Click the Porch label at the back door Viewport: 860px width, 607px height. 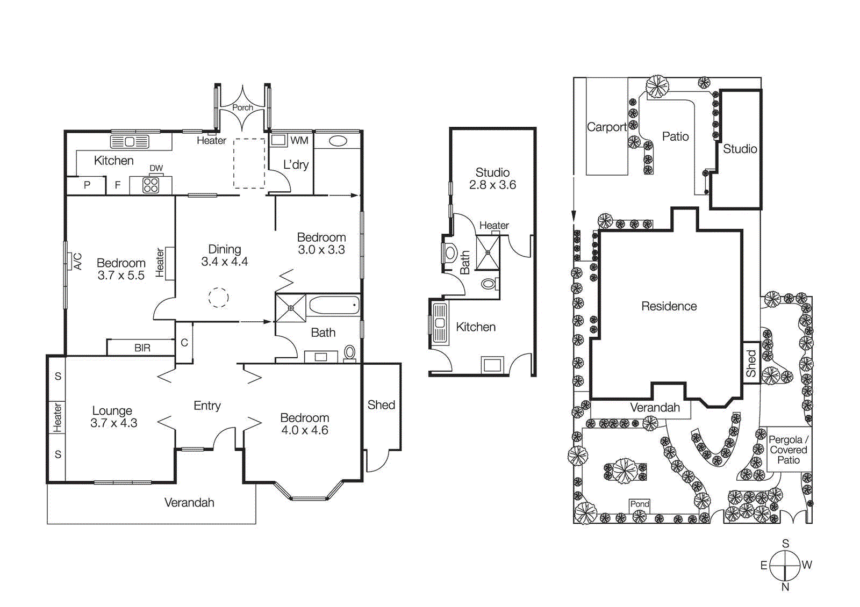pos(242,107)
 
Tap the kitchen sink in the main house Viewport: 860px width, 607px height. pos(130,142)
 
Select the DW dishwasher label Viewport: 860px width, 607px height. pos(156,168)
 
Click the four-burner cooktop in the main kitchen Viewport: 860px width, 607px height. pos(151,185)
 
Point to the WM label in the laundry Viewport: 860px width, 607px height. pos(299,141)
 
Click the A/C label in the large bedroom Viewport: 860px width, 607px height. pos(77,262)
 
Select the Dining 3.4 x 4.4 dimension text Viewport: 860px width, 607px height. pos(224,262)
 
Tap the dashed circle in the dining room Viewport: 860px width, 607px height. pos(218,297)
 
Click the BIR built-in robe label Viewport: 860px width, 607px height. pos(142,348)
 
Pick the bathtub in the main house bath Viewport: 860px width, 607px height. pos(334,306)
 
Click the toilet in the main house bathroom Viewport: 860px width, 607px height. pos(350,352)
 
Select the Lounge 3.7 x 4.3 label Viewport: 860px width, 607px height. pos(113,417)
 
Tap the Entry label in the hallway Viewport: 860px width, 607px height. pos(207,406)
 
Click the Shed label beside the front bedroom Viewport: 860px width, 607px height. pos(381,405)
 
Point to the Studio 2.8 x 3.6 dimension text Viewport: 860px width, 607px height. pos(492,185)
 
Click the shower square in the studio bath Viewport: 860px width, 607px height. pos(488,252)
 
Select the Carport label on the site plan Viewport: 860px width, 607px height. pos(606,127)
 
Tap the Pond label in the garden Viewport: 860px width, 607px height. pos(639,504)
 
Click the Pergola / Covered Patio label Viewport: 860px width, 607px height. pos(788,450)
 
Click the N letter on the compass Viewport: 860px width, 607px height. pos(785,587)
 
